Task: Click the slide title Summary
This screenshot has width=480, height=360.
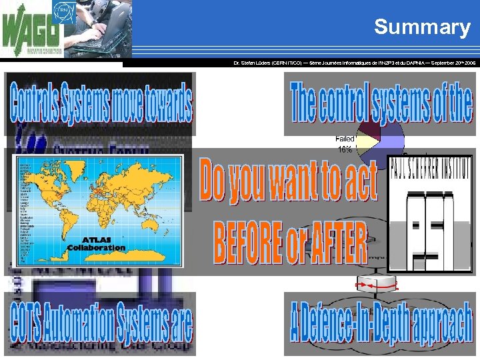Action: point(422,27)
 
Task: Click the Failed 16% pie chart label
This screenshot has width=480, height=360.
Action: point(344,143)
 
